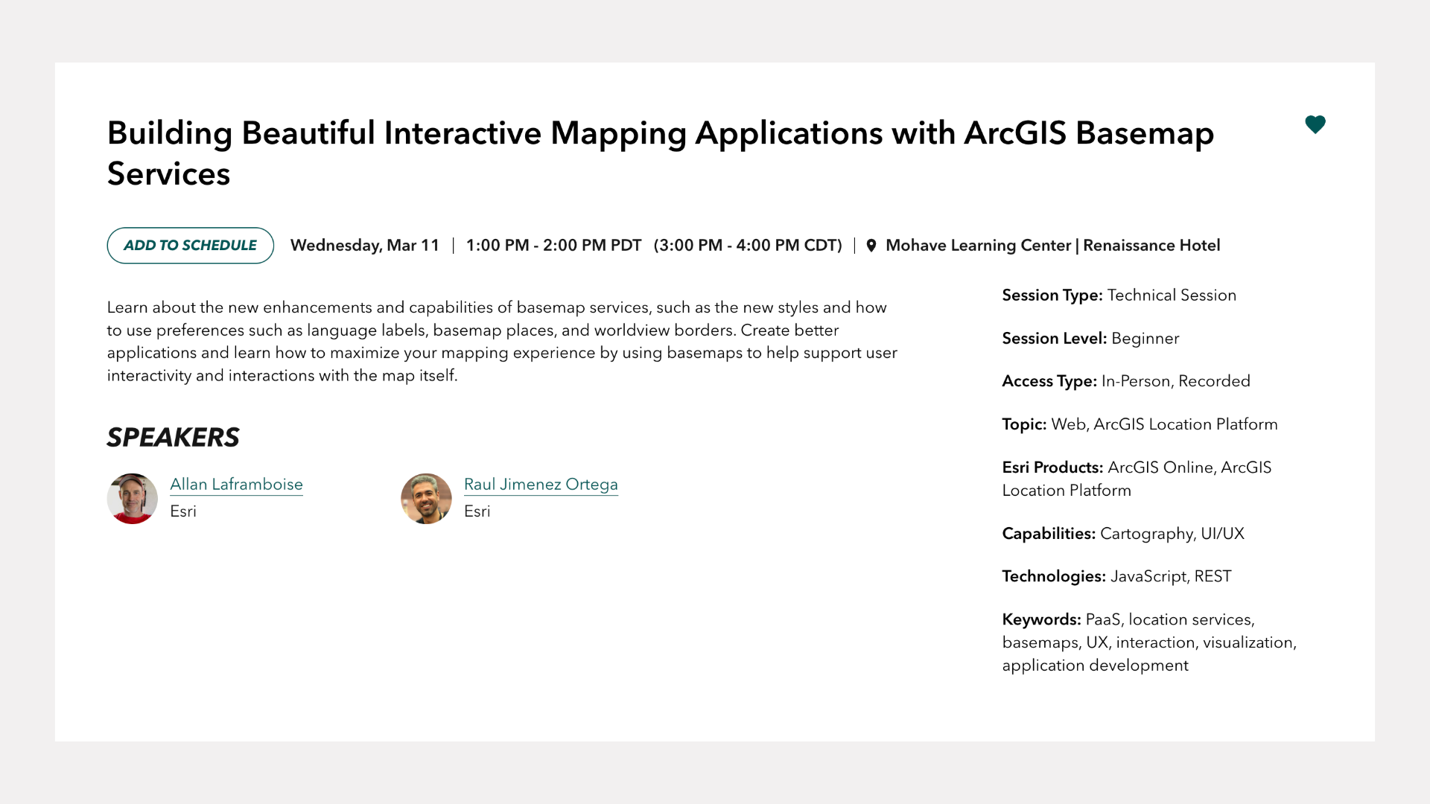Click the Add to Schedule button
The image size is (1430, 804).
click(190, 246)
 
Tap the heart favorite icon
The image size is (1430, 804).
click(1315, 124)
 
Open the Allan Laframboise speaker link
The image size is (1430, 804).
click(236, 484)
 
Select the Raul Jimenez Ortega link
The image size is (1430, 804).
click(541, 484)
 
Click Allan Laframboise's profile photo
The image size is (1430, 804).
click(132, 499)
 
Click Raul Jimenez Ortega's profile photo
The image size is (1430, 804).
click(426, 499)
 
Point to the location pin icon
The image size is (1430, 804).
click(871, 246)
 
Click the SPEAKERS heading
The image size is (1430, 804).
click(173, 437)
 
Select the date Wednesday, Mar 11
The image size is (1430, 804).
click(365, 246)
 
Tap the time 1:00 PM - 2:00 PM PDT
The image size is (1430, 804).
click(553, 246)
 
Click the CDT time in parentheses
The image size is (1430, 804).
click(748, 246)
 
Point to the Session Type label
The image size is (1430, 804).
click(1052, 296)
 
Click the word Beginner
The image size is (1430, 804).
click(1145, 339)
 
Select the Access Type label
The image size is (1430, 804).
click(1049, 381)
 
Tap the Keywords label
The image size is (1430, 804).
click(1041, 619)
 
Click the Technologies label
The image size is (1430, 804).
click(1054, 576)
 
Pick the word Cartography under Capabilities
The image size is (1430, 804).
click(1147, 534)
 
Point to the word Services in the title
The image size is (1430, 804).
click(168, 174)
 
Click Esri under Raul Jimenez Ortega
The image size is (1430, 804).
click(477, 511)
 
